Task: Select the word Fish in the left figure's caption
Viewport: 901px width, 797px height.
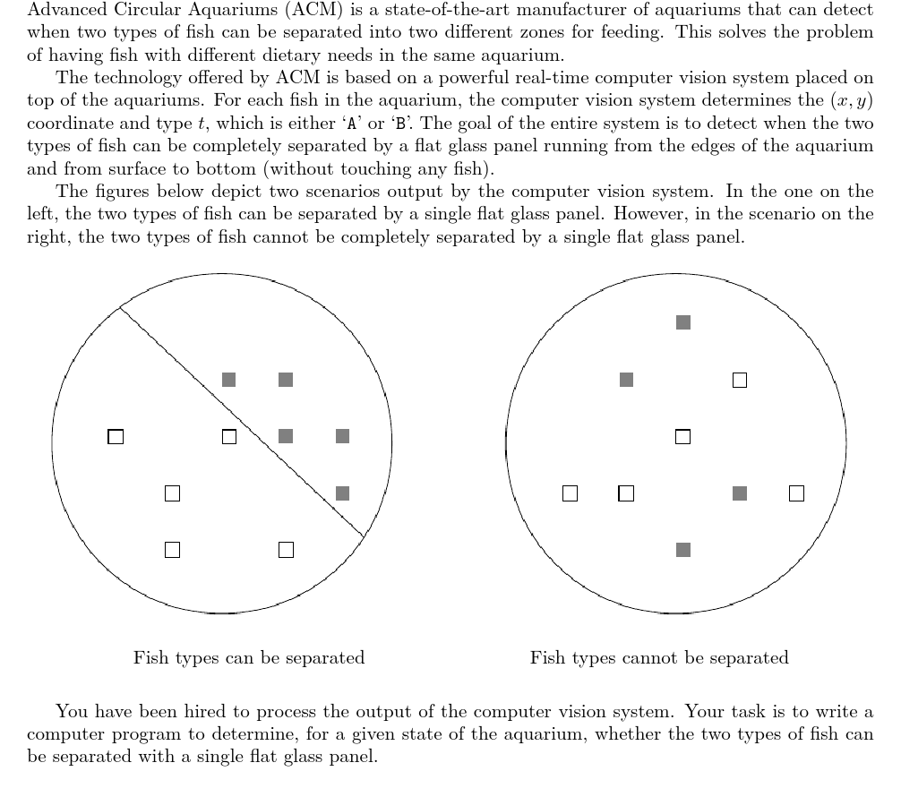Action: tap(150, 658)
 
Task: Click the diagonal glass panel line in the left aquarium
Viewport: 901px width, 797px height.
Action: tap(242, 421)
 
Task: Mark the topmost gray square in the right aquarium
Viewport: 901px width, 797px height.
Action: tap(683, 322)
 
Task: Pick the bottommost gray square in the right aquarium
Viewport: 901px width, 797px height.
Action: tap(683, 550)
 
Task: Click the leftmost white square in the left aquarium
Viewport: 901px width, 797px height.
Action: tap(116, 437)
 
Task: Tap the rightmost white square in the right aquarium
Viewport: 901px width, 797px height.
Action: tap(796, 493)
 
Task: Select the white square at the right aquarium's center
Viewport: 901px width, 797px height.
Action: tap(682, 437)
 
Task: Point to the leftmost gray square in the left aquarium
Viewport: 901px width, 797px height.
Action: tap(229, 380)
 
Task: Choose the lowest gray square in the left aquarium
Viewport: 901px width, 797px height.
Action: tap(342, 493)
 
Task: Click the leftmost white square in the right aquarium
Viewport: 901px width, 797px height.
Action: tap(570, 493)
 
